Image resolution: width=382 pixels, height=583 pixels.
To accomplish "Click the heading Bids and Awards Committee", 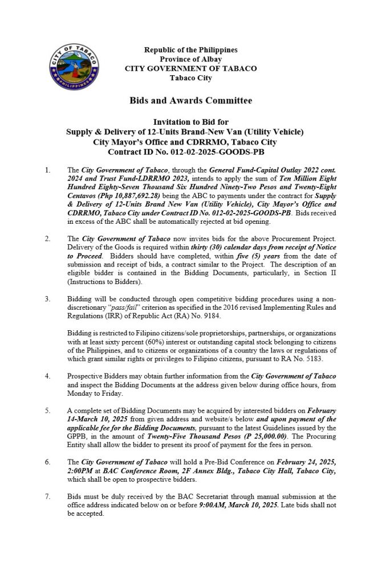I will (191, 101).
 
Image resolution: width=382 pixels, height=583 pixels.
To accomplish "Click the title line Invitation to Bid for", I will (191, 122).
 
